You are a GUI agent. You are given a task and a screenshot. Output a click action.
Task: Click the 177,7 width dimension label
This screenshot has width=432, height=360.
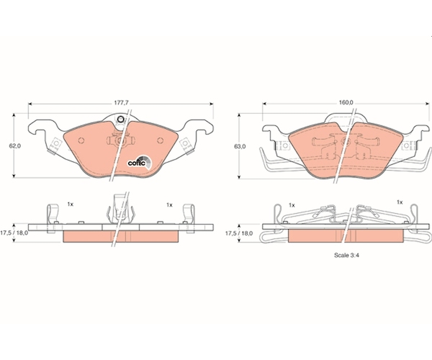click(x=122, y=103)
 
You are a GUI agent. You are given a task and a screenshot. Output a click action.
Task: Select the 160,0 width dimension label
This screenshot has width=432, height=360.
click(x=346, y=102)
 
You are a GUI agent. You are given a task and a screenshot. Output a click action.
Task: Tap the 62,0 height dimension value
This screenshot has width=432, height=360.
click(x=15, y=146)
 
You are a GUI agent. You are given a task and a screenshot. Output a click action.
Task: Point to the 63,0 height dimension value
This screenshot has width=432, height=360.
click(x=240, y=147)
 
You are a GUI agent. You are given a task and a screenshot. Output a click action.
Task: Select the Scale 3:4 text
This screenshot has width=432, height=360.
click(x=346, y=256)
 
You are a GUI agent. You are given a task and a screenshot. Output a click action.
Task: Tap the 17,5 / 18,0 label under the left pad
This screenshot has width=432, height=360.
click(x=14, y=233)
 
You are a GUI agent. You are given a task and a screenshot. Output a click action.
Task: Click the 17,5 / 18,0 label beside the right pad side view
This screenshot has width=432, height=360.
click(x=239, y=233)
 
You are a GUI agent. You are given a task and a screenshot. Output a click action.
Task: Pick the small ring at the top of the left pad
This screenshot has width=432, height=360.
click(x=120, y=119)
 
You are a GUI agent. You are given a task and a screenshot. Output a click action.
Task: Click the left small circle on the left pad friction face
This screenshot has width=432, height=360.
click(x=81, y=140)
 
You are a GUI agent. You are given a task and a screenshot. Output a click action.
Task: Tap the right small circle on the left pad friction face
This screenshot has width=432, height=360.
click(x=160, y=140)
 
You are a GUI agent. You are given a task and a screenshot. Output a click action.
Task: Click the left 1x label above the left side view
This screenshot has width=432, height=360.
click(x=71, y=204)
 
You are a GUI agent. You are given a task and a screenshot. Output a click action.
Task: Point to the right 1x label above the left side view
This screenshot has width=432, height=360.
click(x=169, y=205)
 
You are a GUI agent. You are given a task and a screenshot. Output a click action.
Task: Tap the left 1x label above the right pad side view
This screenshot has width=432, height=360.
click(x=292, y=205)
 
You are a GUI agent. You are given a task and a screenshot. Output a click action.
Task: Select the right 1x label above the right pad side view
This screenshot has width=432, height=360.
click(x=400, y=202)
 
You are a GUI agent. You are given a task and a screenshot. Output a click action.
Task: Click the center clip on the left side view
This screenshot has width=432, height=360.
click(x=120, y=208)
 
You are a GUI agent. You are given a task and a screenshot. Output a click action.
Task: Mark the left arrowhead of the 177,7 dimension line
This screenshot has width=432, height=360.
click(x=30, y=104)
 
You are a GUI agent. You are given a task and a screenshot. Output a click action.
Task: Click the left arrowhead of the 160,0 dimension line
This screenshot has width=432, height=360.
click(x=264, y=104)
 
